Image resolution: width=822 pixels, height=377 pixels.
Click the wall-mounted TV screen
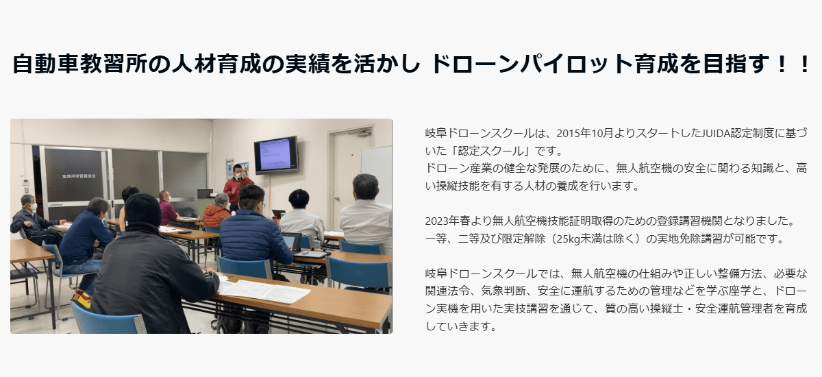(275, 154)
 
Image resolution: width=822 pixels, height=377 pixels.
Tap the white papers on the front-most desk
(265, 291)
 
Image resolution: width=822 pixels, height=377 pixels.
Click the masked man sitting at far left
(31, 218)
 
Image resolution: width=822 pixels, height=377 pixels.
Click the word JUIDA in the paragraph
(717, 132)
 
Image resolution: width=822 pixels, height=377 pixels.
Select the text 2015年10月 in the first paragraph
(583, 132)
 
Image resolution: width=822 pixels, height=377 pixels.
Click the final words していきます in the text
(460, 326)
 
